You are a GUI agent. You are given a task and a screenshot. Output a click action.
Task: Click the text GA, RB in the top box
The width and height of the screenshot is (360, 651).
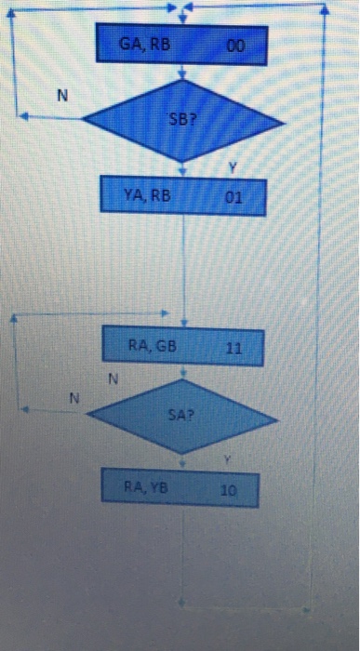tap(140, 43)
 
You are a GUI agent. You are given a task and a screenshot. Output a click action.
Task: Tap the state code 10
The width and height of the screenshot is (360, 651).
tap(229, 486)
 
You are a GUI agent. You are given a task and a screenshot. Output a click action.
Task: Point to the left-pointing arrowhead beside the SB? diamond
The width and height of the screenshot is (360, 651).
tap(23, 116)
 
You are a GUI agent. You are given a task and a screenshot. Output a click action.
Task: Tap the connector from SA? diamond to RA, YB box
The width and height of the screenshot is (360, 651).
tap(183, 461)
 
